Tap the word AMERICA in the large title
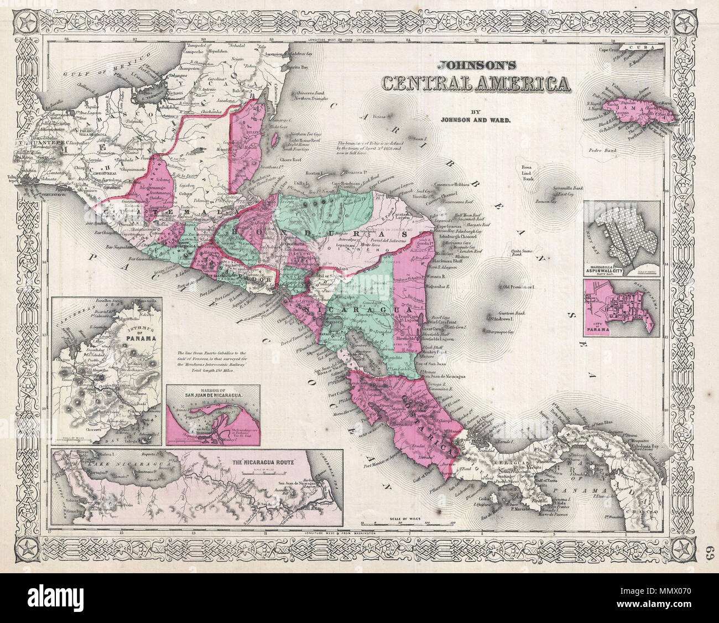518,83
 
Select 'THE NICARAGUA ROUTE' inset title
270,461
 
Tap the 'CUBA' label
647,49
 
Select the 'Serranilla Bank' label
565,189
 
